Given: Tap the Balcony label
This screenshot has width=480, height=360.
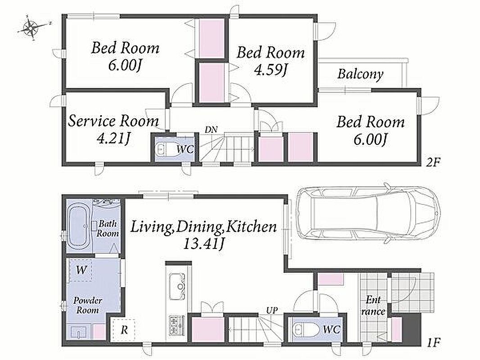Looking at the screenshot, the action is point(360,74).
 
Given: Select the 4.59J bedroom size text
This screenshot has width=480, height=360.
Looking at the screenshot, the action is point(270,71).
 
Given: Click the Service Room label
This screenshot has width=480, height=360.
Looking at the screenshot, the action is point(113,121).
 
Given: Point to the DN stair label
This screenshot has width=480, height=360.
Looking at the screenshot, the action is point(211,130).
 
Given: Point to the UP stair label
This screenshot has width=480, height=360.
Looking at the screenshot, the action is point(272,311).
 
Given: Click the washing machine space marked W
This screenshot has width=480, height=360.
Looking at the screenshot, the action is point(81,270).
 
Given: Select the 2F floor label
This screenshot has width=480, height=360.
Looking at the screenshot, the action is point(433,162).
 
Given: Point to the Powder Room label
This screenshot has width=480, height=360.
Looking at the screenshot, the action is point(87,305).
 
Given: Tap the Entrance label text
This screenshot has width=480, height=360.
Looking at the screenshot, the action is point(373,306).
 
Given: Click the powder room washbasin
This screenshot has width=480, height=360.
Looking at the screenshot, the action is point(79,332).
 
